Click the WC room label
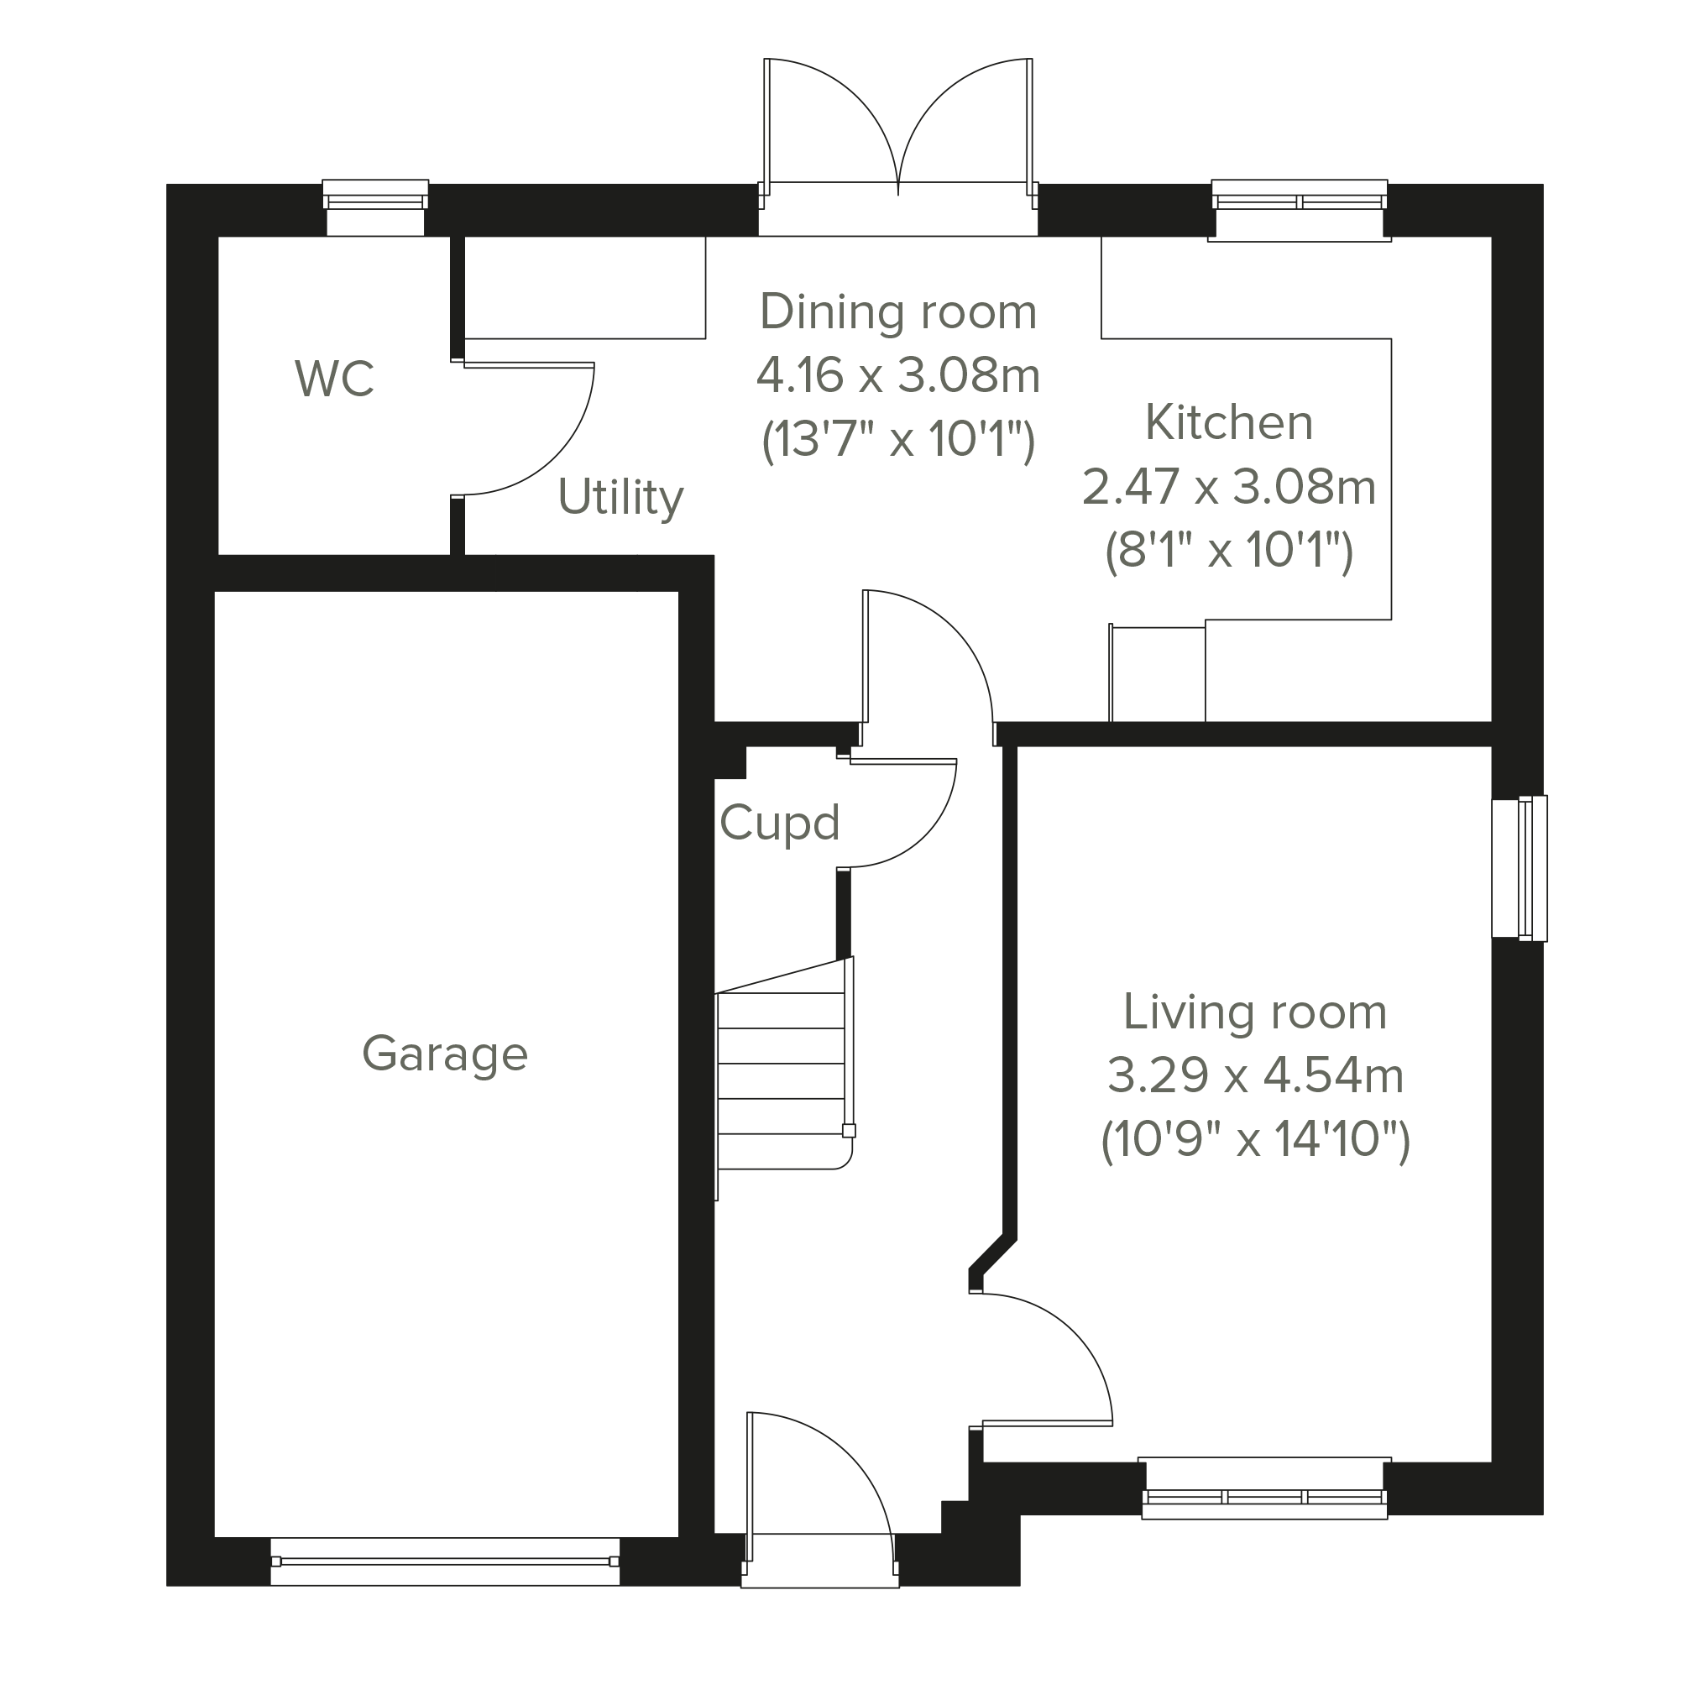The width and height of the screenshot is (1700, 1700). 334,379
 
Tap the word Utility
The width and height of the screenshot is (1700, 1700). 620,498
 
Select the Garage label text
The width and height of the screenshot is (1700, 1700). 445,1054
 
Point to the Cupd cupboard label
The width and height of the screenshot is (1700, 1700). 780,824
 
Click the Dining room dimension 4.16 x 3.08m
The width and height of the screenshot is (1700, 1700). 898,376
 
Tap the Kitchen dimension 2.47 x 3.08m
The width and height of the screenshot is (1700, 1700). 1229,487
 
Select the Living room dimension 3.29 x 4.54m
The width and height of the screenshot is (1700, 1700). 1256,1076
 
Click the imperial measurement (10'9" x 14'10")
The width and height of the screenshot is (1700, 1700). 1256,1140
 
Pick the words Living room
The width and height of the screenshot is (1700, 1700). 1256,1012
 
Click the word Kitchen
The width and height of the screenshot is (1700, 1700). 1229,423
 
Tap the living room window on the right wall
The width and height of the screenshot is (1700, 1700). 1520,869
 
